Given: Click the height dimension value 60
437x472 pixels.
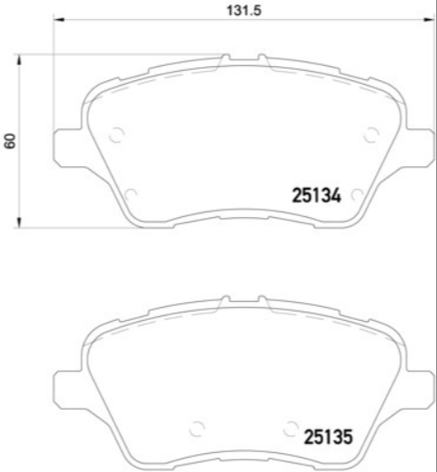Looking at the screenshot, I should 11,142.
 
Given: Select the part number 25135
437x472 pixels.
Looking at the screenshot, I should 328,437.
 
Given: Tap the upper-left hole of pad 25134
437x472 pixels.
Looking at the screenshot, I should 117,134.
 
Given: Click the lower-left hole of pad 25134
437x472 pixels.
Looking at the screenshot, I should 130,194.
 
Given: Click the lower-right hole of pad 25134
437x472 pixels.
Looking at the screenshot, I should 356,194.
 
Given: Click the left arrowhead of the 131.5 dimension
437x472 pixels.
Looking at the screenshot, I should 57,23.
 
